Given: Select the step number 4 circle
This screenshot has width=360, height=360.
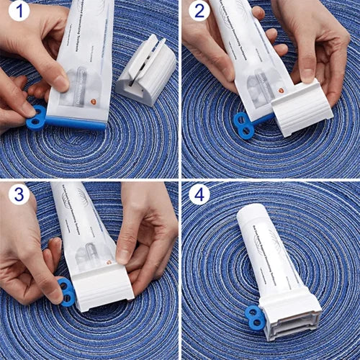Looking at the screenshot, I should pyautogui.click(x=199, y=194).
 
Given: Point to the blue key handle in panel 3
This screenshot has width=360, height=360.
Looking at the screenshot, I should pyautogui.click(x=66, y=292).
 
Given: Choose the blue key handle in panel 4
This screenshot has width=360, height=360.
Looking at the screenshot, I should pyautogui.click(x=255, y=318).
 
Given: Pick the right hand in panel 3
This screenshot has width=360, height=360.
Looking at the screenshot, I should pyautogui.click(x=148, y=230).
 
